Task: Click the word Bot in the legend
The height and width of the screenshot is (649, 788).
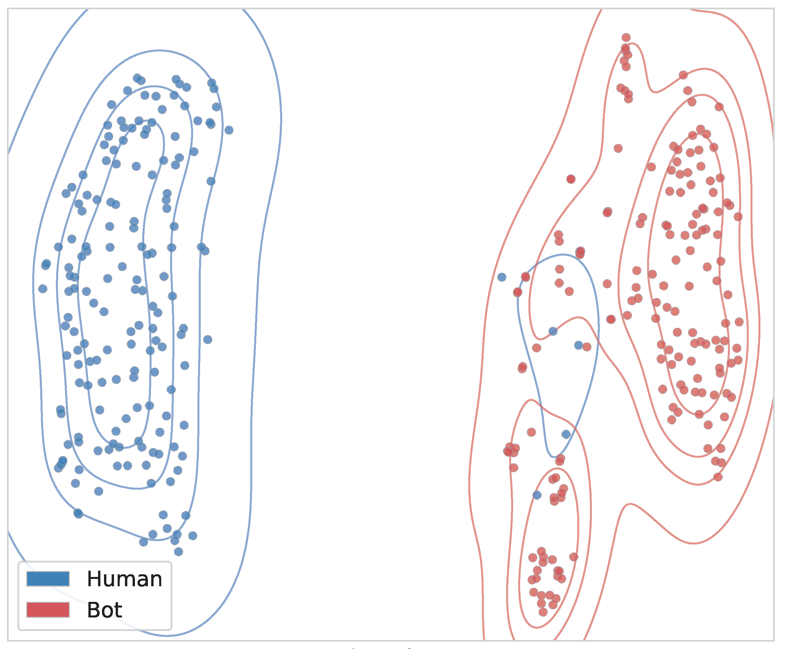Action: [x=104, y=610]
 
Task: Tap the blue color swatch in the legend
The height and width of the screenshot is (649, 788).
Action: [x=48, y=579]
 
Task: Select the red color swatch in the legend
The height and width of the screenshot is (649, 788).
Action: [x=48, y=610]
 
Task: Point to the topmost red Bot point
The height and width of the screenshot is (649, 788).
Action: [x=626, y=38]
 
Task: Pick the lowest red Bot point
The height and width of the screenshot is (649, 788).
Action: [x=543, y=612]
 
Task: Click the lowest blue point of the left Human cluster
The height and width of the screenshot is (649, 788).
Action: [x=178, y=551]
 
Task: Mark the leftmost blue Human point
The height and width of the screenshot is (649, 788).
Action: [x=43, y=288]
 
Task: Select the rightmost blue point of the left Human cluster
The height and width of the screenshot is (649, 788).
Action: [x=229, y=130]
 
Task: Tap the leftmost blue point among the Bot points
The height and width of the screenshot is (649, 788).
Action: [x=502, y=277]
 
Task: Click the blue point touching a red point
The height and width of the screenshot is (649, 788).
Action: [x=579, y=345]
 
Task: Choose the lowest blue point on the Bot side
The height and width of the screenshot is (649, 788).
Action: [x=537, y=495]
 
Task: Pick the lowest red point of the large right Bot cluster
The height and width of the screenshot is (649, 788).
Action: [x=718, y=477]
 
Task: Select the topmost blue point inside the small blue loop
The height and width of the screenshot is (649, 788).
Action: [x=553, y=331]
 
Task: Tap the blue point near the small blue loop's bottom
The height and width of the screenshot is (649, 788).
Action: [x=566, y=434]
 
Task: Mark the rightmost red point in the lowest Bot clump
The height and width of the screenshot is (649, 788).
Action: [x=574, y=557]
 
